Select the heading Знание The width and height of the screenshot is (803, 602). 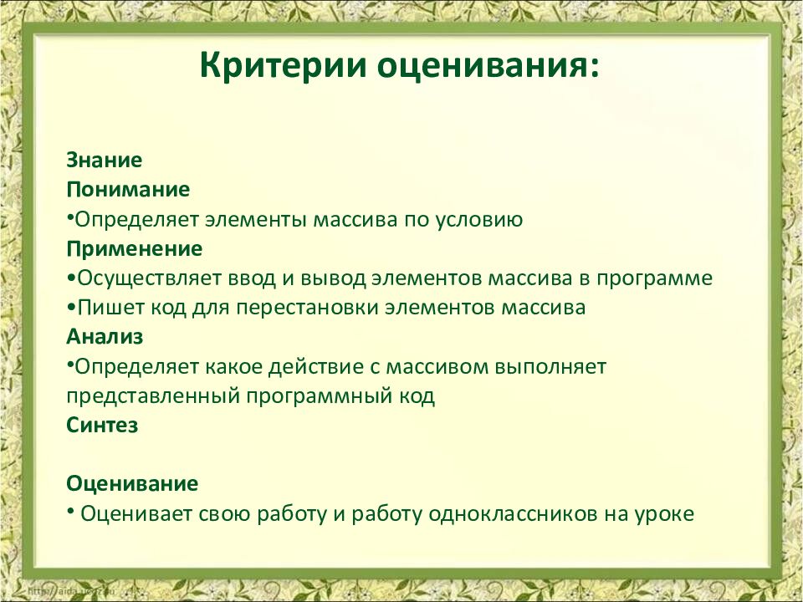pyautogui.click(x=105, y=160)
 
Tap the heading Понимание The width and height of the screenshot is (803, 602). pyautogui.click(x=128, y=190)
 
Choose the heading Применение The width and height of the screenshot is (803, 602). pyautogui.click(x=135, y=249)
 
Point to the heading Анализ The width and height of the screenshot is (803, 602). pyautogui.click(x=105, y=337)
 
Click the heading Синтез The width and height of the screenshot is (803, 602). pyautogui.click(x=102, y=425)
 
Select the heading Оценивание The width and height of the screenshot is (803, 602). pyautogui.click(x=132, y=483)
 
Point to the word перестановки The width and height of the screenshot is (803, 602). pyautogui.click(x=306, y=308)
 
